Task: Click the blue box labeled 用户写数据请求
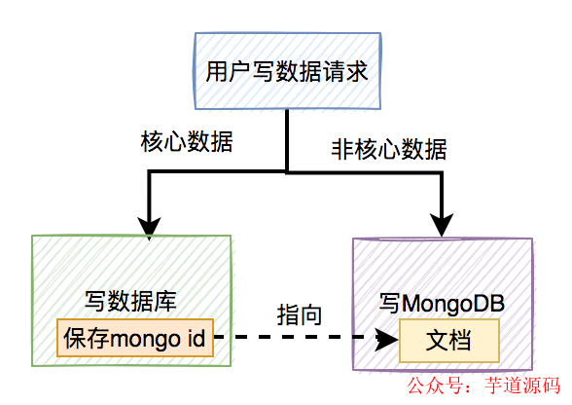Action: (x=286, y=72)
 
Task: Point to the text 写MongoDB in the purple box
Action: (x=442, y=306)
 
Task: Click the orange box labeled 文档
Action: (x=448, y=341)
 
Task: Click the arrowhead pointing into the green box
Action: (x=148, y=226)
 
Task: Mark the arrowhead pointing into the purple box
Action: (x=440, y=226)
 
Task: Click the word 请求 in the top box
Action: (x=347, y=72)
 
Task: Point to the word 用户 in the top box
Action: (x=225, y=72)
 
